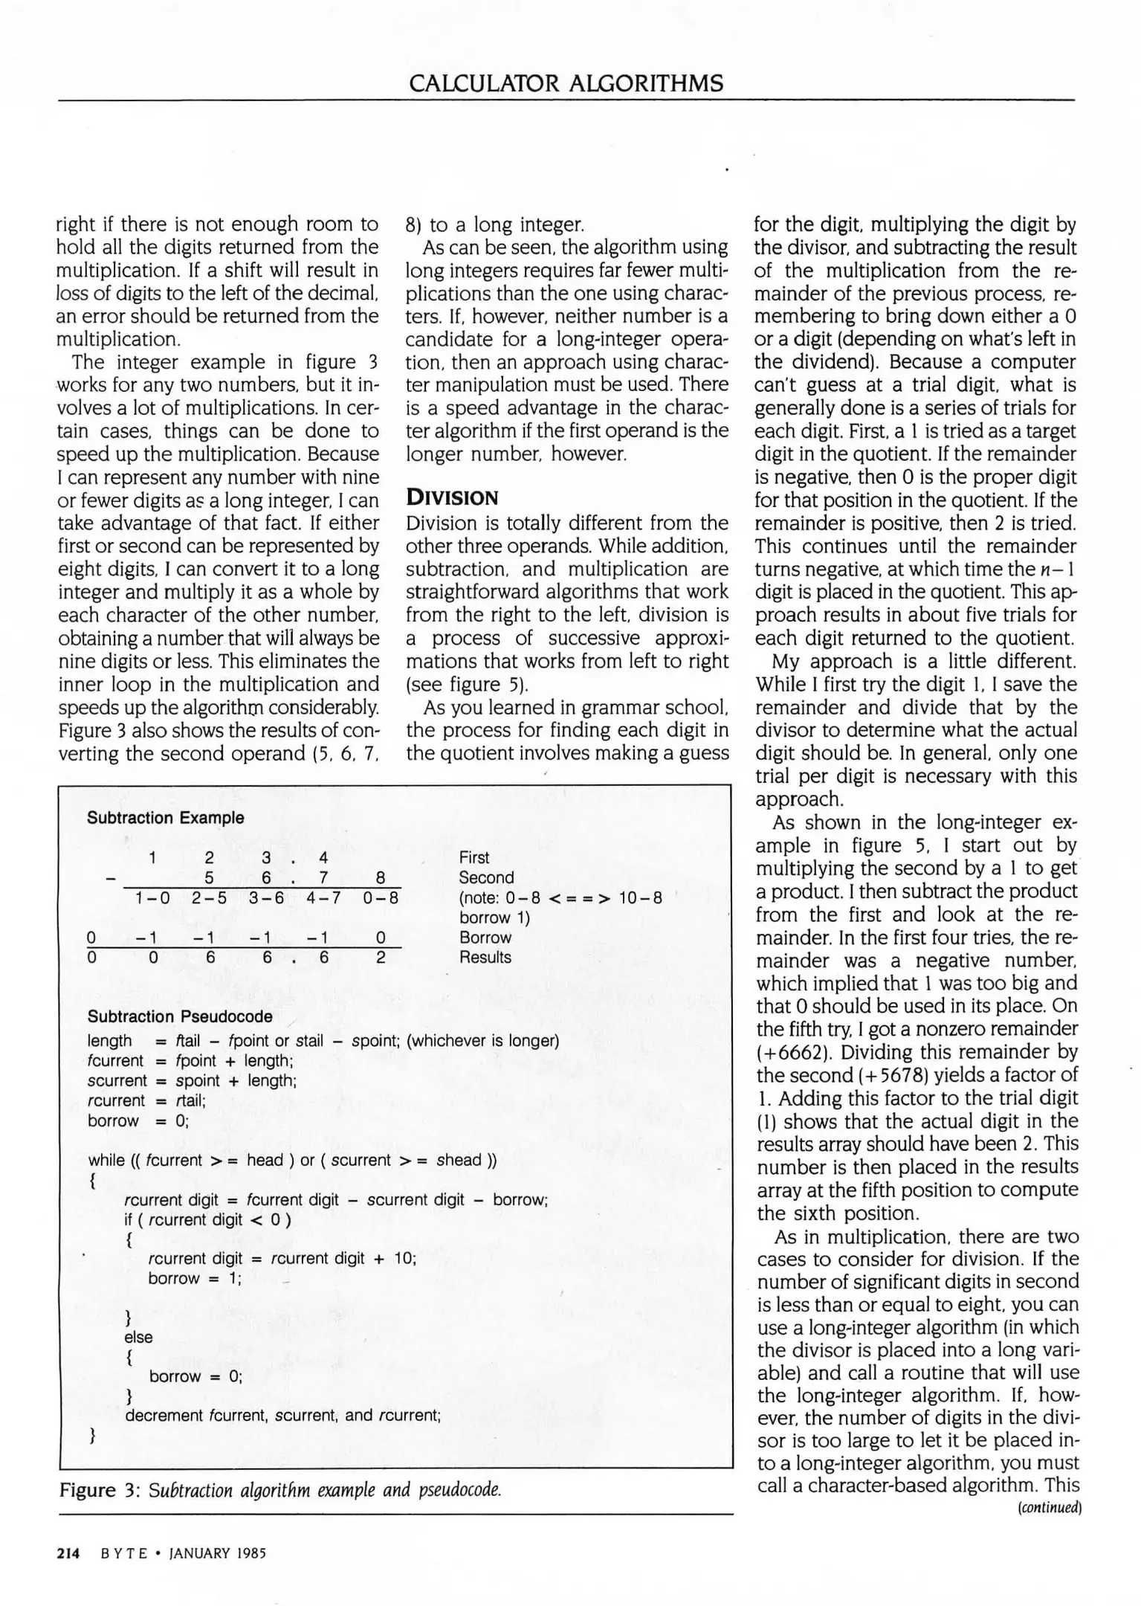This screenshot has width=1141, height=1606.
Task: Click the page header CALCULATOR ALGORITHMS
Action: point(566,82)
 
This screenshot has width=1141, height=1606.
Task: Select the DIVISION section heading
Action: point(451,498)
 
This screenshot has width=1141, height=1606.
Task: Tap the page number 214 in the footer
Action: point(68,1553)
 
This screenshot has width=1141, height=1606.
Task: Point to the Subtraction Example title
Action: point(165,818)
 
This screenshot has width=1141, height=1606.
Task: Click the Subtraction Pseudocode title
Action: point(179,1016)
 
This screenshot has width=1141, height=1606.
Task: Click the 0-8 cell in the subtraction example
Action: point(381,897)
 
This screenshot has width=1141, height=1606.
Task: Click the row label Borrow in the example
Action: point(485,938)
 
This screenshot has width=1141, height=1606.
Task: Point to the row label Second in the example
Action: point(485,877)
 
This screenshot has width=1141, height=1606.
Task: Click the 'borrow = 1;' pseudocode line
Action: point(195,1279)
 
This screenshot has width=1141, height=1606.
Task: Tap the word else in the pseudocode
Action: point(138,1337)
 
